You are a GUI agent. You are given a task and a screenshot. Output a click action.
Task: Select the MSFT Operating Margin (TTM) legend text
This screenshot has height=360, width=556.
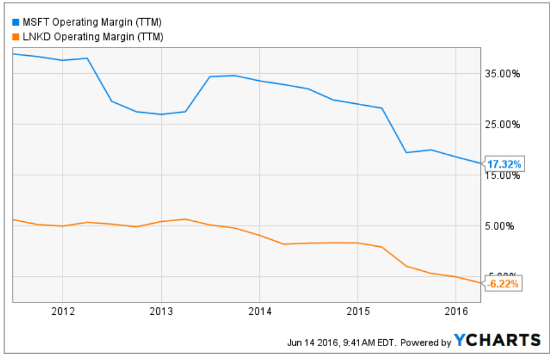[x=92, y=23]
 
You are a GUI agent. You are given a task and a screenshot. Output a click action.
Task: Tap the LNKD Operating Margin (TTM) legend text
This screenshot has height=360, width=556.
[x=92, y=37]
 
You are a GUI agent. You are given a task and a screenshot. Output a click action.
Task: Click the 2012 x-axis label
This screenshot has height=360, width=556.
[x=63, y=312]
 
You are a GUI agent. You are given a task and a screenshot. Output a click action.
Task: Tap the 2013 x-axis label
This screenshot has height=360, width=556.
[x=161, y=312]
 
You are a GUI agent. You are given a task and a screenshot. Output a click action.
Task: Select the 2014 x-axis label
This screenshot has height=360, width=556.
[x=260, y=312]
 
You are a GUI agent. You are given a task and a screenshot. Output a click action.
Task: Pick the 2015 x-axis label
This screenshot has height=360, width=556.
[x=358, y=312]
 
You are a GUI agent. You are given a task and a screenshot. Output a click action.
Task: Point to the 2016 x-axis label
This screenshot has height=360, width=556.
[x=457, y=312]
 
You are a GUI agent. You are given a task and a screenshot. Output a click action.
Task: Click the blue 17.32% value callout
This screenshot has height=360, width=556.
[x=504, y=164]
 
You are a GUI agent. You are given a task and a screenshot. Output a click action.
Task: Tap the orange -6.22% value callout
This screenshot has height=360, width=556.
[x=503, y=284]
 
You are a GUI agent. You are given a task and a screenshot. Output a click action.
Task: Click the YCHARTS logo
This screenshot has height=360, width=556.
[x=497, y=341]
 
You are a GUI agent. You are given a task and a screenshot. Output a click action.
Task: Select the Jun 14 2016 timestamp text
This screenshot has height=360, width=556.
[x=341, y=343]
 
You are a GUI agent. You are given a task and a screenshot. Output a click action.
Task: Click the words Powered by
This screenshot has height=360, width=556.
[x=426, y=343]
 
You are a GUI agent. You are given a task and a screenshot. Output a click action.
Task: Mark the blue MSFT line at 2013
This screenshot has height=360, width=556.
[x=161, y=114]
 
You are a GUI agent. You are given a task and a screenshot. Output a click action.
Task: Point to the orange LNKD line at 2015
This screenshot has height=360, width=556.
[x=358, y=243]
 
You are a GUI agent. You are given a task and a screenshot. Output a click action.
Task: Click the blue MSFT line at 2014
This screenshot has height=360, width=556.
[x=260, y=81]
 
